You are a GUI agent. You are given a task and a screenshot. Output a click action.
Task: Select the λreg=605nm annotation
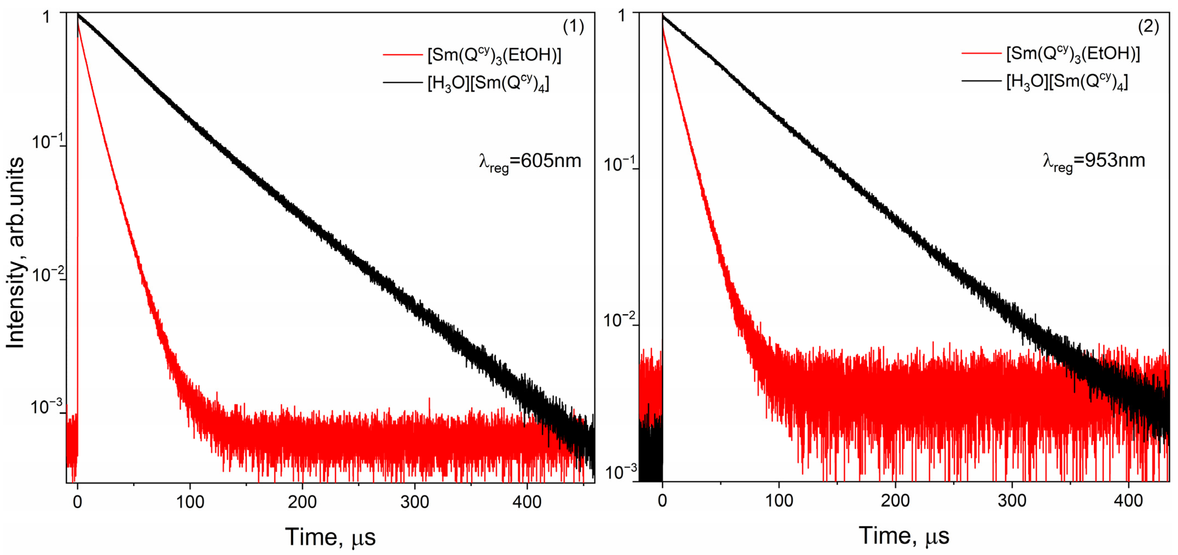coord(530,162)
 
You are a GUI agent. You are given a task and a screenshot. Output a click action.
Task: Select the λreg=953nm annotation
coord(1094,161)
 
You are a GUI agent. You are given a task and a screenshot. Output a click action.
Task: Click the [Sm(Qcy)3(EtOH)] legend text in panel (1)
coord(494,55)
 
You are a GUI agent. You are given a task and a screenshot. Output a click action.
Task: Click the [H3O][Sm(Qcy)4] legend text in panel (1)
coord(488,83)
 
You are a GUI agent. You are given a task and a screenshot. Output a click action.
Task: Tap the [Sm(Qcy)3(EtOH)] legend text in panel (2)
coord(1073,54)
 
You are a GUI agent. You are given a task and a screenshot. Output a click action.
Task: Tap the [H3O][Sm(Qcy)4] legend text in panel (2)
coord(1067,82)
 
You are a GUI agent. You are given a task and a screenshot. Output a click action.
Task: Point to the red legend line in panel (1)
coord(402,55)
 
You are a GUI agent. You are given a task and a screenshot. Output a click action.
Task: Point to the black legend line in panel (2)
coord(981,81)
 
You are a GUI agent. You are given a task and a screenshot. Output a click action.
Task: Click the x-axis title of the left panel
coord(330,537)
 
